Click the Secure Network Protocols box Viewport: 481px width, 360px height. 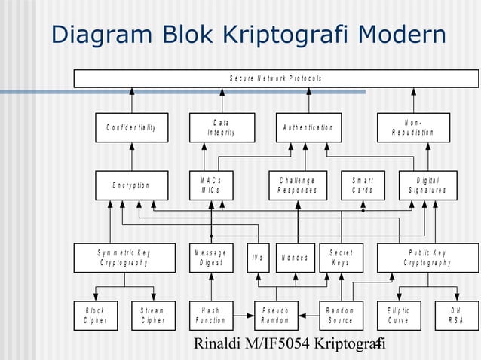coord(276,78)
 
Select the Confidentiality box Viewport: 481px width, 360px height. coord(131,127)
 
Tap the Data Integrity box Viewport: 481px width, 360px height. coord(221,127)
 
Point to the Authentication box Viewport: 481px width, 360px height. coord(307,127)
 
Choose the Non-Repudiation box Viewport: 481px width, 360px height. coord(413,127)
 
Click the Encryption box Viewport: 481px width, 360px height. coord(131,185)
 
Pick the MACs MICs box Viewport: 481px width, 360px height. coord(211,185)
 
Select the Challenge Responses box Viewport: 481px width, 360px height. coord(298,185)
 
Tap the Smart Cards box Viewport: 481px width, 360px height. coord(363,185)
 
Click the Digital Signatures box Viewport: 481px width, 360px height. coord(427,185)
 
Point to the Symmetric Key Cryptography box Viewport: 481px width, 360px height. coord(124,258)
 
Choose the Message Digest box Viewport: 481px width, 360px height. coord(211,258)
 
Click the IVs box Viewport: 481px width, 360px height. coord(258,258)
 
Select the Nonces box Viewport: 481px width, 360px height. coord(295,258)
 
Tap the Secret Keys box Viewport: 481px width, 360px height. coord(340,258)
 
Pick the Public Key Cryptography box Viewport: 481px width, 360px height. coord(427,258)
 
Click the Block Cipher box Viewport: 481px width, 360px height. coord(96,315)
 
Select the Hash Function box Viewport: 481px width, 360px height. coord(211,315)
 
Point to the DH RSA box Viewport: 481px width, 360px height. coord(457,315)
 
